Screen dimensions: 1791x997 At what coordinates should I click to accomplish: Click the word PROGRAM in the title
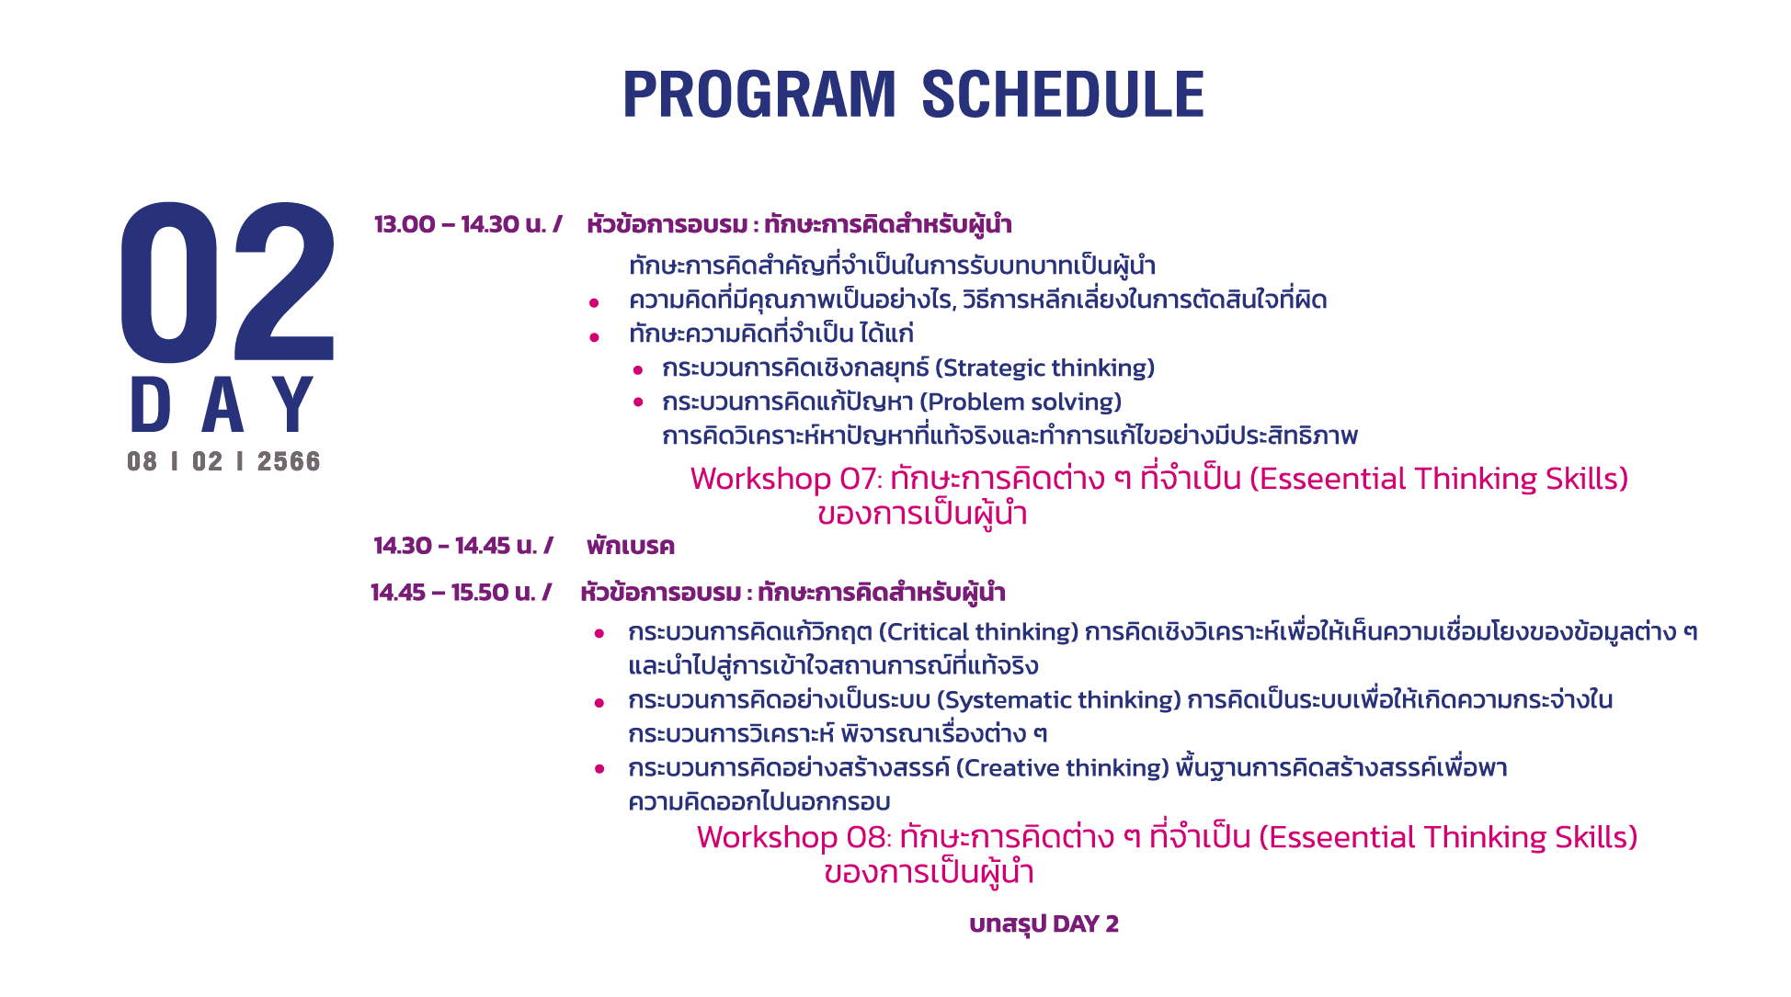[x=759, y=95]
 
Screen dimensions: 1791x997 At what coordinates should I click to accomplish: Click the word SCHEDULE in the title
[x=1063, y=95]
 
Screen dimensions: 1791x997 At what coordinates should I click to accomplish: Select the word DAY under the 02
[x=222, y=404]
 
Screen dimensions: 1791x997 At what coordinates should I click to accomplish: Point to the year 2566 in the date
[x=289, y=461]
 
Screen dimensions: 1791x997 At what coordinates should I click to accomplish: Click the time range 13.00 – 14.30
[x=447, y=224]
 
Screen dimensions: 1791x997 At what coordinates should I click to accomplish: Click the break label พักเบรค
[x=631, y=547]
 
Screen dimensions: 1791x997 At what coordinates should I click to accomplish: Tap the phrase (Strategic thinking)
[x=1044, y=368]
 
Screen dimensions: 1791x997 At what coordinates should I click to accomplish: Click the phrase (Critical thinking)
[x=978, y=632]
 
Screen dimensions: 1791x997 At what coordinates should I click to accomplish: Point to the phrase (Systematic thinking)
[x=1059, y=700]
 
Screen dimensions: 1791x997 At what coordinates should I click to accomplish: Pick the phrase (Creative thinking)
[x=1062, y=768]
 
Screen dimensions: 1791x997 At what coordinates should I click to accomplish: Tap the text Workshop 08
[x=794, y=837]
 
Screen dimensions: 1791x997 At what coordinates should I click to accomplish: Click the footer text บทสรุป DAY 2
[x=1044, y=924]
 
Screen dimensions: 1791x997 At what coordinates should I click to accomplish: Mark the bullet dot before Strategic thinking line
[x=638, y=370]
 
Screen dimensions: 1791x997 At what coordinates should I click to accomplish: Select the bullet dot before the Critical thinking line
[x=599, y=634]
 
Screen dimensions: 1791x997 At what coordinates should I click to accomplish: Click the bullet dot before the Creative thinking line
[x=599, y=769]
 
